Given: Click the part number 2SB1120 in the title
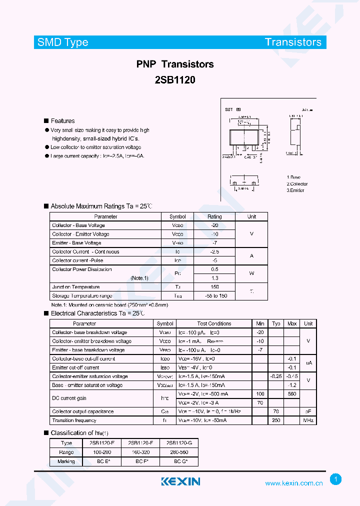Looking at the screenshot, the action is point(175,79).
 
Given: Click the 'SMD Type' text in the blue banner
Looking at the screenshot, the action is point(62,42).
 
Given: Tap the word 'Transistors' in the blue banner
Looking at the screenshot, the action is point(293,42).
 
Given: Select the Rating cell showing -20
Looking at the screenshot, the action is point(214,225).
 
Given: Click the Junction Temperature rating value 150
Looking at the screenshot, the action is point(214,287).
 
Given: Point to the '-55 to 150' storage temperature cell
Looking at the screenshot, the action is point(214,296).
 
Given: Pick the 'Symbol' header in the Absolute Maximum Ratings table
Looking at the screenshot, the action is point(177,216).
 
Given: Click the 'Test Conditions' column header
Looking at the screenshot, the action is point(214,323).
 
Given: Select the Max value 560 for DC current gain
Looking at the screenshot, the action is point(292,394).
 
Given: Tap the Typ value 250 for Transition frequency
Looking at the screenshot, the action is point(276,420).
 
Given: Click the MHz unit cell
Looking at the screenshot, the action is point(308,420).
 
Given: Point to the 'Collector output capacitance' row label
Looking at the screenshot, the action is point(83,411).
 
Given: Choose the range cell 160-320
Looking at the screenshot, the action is point(140,452).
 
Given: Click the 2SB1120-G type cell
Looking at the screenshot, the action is point(179,443).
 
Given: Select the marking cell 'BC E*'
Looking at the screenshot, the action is point(102,461).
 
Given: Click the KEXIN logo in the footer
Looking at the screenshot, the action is point(180,481).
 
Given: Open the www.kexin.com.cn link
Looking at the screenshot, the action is point(294,483).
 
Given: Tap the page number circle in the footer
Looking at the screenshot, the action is point(336,479).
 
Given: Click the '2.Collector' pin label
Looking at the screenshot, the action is point(297,184).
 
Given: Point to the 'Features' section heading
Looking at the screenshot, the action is point(62,121).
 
